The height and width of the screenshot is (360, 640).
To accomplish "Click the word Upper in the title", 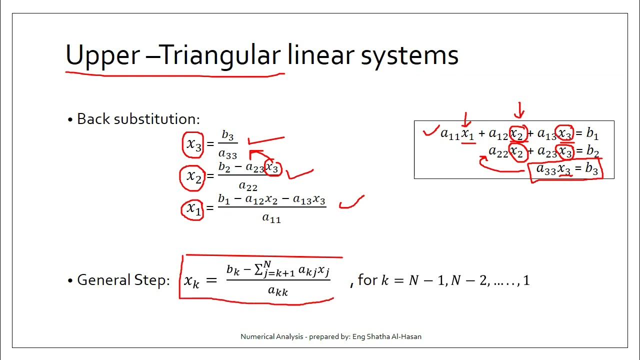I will point(102,55).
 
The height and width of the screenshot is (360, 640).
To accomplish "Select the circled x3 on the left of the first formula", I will point(193,144).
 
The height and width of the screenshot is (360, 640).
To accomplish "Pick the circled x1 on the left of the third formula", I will point(193,208).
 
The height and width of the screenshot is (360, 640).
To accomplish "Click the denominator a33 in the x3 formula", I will point(227,154).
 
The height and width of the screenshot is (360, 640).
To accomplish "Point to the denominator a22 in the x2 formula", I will point(248,186).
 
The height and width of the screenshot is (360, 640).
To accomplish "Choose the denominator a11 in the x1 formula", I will point(271,218).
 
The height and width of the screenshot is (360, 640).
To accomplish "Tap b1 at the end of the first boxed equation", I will point(592,133).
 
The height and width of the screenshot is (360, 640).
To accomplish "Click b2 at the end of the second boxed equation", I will point(592,151).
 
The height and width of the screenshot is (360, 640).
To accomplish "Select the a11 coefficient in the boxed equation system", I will point(450,134).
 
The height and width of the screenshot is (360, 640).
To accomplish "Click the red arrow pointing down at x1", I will point(466,120).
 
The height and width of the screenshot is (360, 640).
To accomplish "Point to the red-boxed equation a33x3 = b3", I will point(566,169).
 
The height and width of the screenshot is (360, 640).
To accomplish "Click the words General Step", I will point(123,280).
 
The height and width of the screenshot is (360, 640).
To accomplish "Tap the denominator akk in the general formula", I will point(278,291).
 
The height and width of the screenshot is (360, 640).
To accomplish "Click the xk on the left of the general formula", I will point(192,281).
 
